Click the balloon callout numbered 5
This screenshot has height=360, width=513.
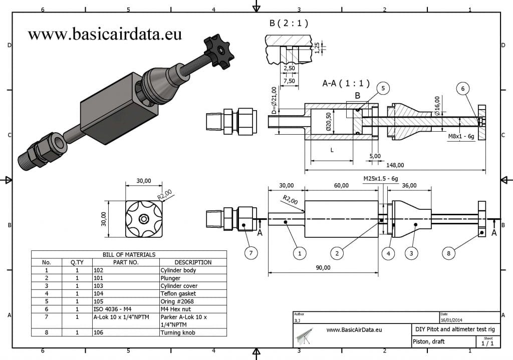click(x=383, y=89)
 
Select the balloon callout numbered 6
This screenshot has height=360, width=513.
click(x=463, y=89)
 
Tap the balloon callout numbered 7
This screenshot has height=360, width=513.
click(x=252, y=253)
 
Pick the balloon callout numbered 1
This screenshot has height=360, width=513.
click(x=299, y=253)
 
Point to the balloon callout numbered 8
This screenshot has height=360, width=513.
click(x=448, y=253)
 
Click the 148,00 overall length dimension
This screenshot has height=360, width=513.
click(x=395, y=165)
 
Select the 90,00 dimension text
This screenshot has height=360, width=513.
click(x=323, y=267)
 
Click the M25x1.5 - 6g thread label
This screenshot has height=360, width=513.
click(x=381, y=178)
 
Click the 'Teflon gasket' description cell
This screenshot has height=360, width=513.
click(x=178, y=293)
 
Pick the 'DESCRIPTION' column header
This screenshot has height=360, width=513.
click(x=193, y=262)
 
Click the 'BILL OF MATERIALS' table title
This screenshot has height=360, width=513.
click(x=129, y=254)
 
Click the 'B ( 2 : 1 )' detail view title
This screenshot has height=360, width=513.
click(x=289, y=23)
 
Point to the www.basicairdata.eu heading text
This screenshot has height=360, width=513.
click(x=105, y=34)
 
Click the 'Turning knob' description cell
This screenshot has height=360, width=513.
click(x=178, y=332)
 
